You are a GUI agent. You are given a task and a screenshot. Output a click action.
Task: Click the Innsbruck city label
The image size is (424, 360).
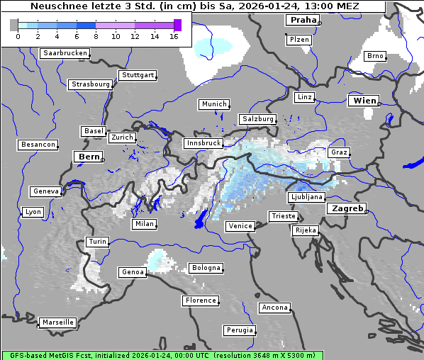point(203,143)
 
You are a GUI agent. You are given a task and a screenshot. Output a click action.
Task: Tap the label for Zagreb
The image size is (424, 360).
point(346,208)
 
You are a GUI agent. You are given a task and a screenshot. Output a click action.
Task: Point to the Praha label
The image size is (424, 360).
point(302,20)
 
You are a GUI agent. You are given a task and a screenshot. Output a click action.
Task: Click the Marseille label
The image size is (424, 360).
point(57,322)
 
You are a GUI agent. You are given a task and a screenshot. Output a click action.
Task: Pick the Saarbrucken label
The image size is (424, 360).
point(65,53)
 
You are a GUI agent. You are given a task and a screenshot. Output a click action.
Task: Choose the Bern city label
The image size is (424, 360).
point(89,157)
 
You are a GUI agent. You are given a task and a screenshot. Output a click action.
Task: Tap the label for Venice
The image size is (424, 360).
point(240,226)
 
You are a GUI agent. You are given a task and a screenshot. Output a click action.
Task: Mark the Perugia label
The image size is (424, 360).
point(239,330)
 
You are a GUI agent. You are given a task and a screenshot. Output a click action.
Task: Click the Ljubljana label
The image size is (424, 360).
point(306,197)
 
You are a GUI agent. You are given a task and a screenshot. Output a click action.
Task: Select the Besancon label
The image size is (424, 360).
point(38,145)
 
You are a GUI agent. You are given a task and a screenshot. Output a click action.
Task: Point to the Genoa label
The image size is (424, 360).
point(133,272)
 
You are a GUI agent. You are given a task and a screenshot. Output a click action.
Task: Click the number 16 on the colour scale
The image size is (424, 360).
point(174,36)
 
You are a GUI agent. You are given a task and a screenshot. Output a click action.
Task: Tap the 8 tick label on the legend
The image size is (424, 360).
point(96,36)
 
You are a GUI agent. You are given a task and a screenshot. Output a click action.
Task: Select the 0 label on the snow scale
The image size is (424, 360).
point(18,36)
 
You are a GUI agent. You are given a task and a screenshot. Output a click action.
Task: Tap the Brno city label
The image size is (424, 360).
point(375,56)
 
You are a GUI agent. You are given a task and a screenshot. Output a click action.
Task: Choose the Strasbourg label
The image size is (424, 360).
point(91,84)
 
